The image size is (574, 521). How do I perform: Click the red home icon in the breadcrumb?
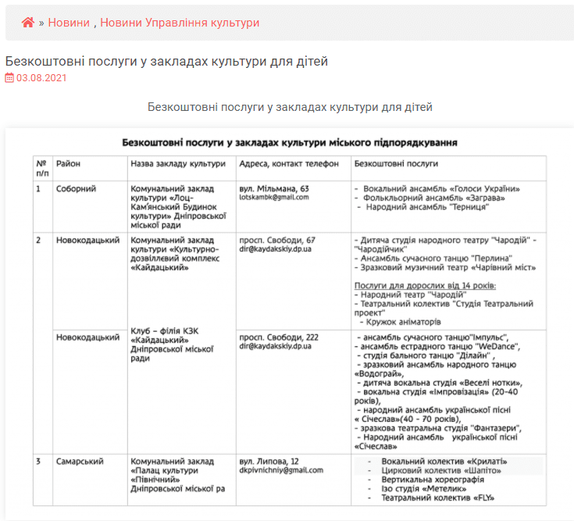click(27, 23)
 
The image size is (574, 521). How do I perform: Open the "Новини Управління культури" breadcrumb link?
click(180, 23)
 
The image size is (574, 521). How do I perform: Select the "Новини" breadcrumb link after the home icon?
click(69, 23)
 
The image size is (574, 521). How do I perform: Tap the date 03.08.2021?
click(41, 78)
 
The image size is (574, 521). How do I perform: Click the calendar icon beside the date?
click(9, 78)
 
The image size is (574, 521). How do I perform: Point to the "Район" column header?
click(68, 164)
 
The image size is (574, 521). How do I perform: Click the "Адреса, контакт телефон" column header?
click(289, 164)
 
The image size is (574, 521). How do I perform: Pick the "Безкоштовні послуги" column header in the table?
click(396, 164)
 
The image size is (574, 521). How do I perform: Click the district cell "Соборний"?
click(76, 189)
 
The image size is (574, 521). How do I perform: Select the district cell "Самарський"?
click(79, 462)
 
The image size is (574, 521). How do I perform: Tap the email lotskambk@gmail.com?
click(273, 198)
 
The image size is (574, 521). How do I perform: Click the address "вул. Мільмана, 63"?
click(273, 189)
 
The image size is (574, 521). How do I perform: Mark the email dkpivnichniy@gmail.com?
click(280, 470)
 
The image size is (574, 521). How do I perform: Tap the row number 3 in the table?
click(38, 462)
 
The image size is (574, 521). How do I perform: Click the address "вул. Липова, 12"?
click(269, 462)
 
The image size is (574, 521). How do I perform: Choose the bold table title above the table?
click(290, 142)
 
